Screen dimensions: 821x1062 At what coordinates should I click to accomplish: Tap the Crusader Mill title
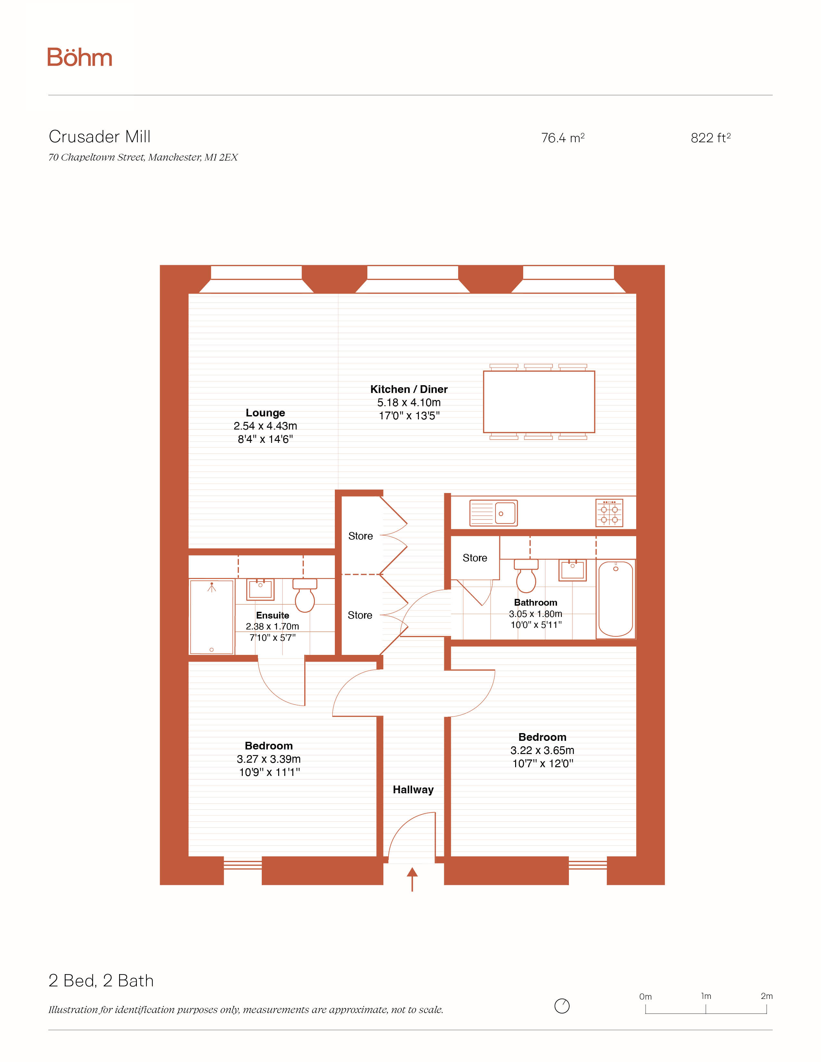tap(100, 137)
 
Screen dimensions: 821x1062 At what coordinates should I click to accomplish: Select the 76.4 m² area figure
tap(563, 138)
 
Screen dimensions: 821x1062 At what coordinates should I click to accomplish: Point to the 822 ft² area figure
tap(711, 138)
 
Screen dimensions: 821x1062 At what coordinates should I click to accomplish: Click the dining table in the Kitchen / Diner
tap(539, 402)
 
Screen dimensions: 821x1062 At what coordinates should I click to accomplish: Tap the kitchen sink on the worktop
tap(494, 513)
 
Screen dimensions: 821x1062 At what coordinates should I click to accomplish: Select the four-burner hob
tap(609, 513)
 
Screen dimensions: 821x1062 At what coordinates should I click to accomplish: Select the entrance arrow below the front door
tap(412, 879)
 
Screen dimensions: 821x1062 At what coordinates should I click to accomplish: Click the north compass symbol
tap(562, 1006)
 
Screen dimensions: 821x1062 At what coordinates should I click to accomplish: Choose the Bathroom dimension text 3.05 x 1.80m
tap(535, 614)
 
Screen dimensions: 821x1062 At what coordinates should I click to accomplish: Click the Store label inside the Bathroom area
tap(475, 558)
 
